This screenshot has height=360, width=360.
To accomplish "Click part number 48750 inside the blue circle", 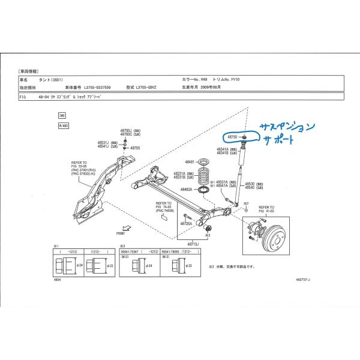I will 232,137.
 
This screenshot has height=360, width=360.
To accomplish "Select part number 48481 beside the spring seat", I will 190,162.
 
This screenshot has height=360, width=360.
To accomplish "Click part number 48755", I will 135,148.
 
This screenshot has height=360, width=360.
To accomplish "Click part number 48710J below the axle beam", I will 193,245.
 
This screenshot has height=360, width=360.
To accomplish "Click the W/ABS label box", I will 63,127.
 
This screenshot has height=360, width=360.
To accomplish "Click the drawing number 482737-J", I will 307,280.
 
